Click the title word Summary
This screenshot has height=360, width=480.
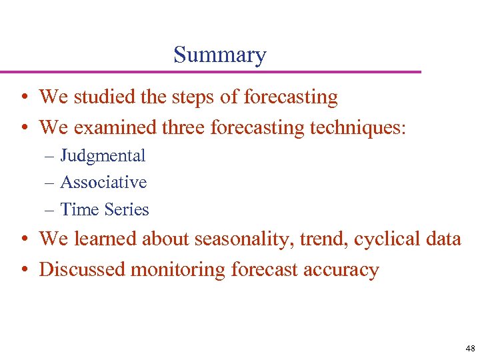click(219, 55)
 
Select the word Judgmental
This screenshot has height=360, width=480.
click(103, 156)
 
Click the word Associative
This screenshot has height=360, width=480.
click(103, 182)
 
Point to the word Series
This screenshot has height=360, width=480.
click(126, 209)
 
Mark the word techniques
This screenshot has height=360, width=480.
click(357, 126)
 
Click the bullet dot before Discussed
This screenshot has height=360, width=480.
click(23, 270)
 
